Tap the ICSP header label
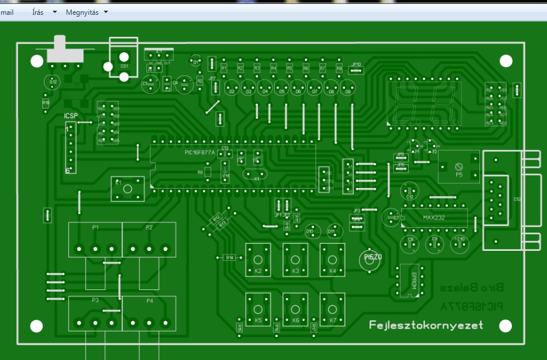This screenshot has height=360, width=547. (71, 116)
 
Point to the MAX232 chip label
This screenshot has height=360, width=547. (433, 217)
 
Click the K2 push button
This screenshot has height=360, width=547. (258, 260)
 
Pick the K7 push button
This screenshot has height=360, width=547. (332, 309)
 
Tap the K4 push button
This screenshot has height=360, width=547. (332, 260)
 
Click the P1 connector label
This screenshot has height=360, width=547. (96, 228)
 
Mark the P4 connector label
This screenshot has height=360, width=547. (150, 301)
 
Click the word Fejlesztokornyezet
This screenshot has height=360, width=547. (426, 325)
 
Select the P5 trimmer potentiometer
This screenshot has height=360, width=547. (458, 167)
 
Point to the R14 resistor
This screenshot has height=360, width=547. (230, 257)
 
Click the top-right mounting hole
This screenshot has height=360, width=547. (505, 60)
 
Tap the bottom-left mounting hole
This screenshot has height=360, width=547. (37, 326)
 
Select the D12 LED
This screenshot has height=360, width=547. (53, 81)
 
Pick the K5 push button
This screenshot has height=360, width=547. (258, 309)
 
